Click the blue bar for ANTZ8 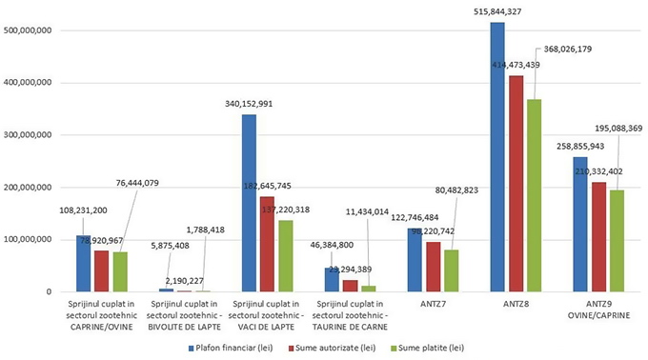[x=496, y=157]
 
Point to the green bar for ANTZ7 [x=449, y=270]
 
